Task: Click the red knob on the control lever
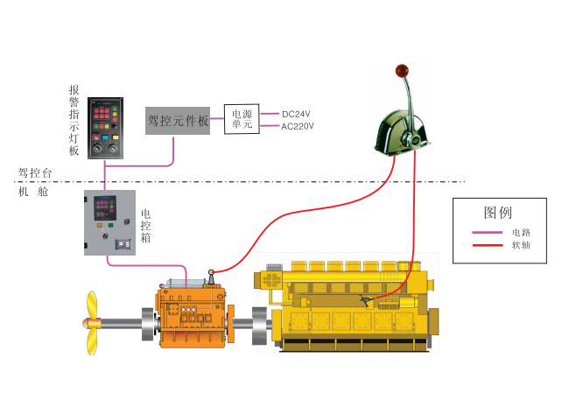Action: click(402, 70)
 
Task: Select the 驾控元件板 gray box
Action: click(178, 120)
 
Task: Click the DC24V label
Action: click(297, 113)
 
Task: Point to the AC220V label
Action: click(298, 126)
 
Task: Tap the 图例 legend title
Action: click(498, 213)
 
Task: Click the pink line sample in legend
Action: click(487, 233)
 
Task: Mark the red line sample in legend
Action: click(487, 245)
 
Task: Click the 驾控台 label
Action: click(32, 173)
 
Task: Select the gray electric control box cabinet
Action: click(110, 222)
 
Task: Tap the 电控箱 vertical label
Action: click(145, 224)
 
